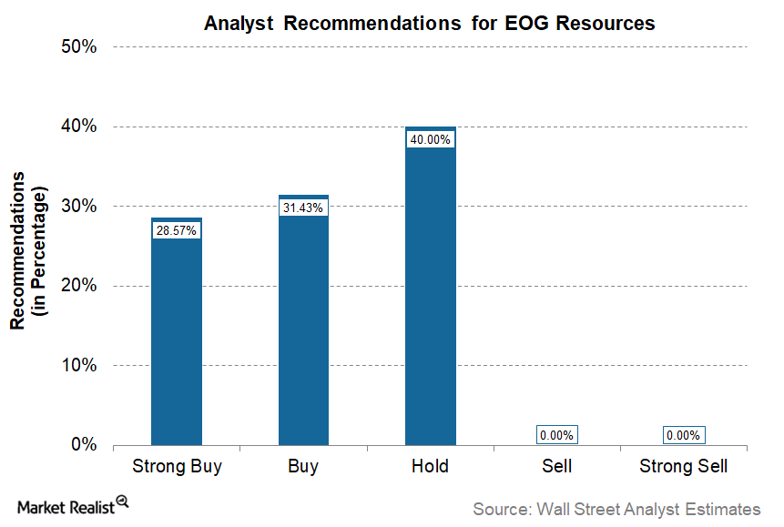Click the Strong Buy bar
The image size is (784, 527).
177,331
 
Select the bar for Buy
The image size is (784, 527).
303,320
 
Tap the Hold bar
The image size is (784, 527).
431,286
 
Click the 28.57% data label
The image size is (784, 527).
177,230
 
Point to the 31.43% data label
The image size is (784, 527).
303,208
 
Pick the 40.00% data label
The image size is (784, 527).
430,139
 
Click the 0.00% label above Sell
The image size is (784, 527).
557,435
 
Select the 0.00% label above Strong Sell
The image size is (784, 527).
684,435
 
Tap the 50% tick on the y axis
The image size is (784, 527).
78,46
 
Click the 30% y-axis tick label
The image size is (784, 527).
78,206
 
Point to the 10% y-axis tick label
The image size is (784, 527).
78,365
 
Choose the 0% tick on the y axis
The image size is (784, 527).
84,444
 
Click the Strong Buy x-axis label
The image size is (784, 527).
177,467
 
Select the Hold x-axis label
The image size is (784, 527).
430,466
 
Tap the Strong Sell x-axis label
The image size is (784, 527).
684,466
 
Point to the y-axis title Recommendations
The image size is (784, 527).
17,250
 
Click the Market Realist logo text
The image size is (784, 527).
66,508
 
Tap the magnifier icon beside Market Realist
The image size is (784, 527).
123,502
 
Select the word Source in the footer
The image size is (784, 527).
502,509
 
